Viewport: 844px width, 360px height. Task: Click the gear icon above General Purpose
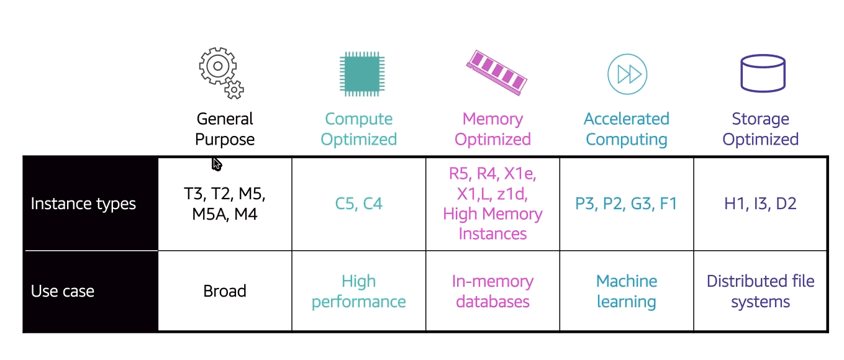click(x=220, y=72)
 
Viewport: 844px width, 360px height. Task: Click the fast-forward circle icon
click(x=627, y=74)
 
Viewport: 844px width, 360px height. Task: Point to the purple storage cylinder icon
click(x=763, y=73)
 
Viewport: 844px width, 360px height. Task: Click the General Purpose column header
click(x=225, y=129)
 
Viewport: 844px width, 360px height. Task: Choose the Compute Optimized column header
click(x=359, y=129)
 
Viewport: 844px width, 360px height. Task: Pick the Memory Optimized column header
click(x=492, y=129)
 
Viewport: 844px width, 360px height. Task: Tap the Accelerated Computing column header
click(x=627, y=129)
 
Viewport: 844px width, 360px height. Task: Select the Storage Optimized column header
click(x=760, y=129)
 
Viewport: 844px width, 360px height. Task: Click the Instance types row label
click(x=83, y=204)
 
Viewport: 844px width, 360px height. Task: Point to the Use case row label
click(x=63, y=291)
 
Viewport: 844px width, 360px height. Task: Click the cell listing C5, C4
click(x=359, y=204)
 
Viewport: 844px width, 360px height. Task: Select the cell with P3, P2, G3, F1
click(x=626, y=204)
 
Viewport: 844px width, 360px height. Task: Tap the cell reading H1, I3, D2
click(x=760, y=204)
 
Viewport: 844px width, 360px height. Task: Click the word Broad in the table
click(x=225, y=291)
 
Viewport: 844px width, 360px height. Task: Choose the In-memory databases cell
click(x=492, y=292)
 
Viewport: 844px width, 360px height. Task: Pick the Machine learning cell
click(x=627, y=292)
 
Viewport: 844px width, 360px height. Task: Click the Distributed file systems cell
click(x=760, y=292)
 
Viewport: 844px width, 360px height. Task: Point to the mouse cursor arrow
click(x=216, y=164)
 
